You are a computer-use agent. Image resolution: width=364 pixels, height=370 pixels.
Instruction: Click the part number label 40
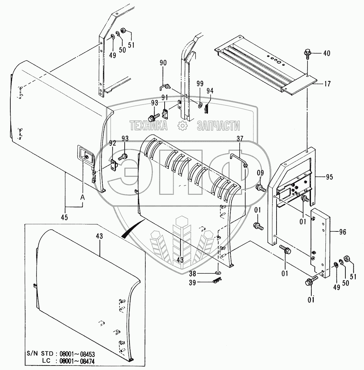point(326,53)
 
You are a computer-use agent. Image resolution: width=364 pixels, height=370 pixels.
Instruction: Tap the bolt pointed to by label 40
point(307,54)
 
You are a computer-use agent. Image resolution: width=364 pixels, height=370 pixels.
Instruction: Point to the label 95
point(330,177)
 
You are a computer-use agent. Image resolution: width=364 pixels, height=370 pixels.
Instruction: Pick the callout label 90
point(163,63)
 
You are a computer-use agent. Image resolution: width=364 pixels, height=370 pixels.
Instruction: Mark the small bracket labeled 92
point(114,164)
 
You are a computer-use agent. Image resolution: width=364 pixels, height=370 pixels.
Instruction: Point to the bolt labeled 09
point(260,188)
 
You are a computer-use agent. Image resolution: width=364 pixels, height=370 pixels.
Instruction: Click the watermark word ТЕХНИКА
point(148,126)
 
